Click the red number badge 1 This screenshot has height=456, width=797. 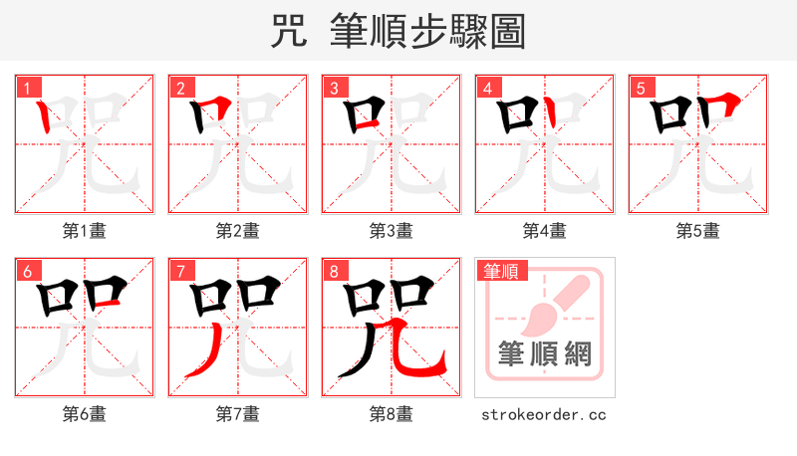[x=25, y=88]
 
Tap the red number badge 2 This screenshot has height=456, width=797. [x=178, y=88]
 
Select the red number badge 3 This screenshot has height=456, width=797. [x=332, y=88]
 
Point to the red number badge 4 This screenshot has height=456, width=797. [x=485, y=88]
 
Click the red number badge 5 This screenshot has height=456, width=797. [x=639, y=88]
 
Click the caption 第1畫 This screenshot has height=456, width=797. [x=85, y=231]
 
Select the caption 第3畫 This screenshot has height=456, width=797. [x=391, y=231]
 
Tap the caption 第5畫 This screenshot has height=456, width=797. [x=697, y=231]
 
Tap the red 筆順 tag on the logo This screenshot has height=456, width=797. [x=503, y=271]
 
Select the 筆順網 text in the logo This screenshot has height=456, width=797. [x=544, y=353]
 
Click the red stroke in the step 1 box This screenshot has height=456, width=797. [x=44, y=119]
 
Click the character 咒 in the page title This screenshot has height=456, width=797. [x=288, y=31]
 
